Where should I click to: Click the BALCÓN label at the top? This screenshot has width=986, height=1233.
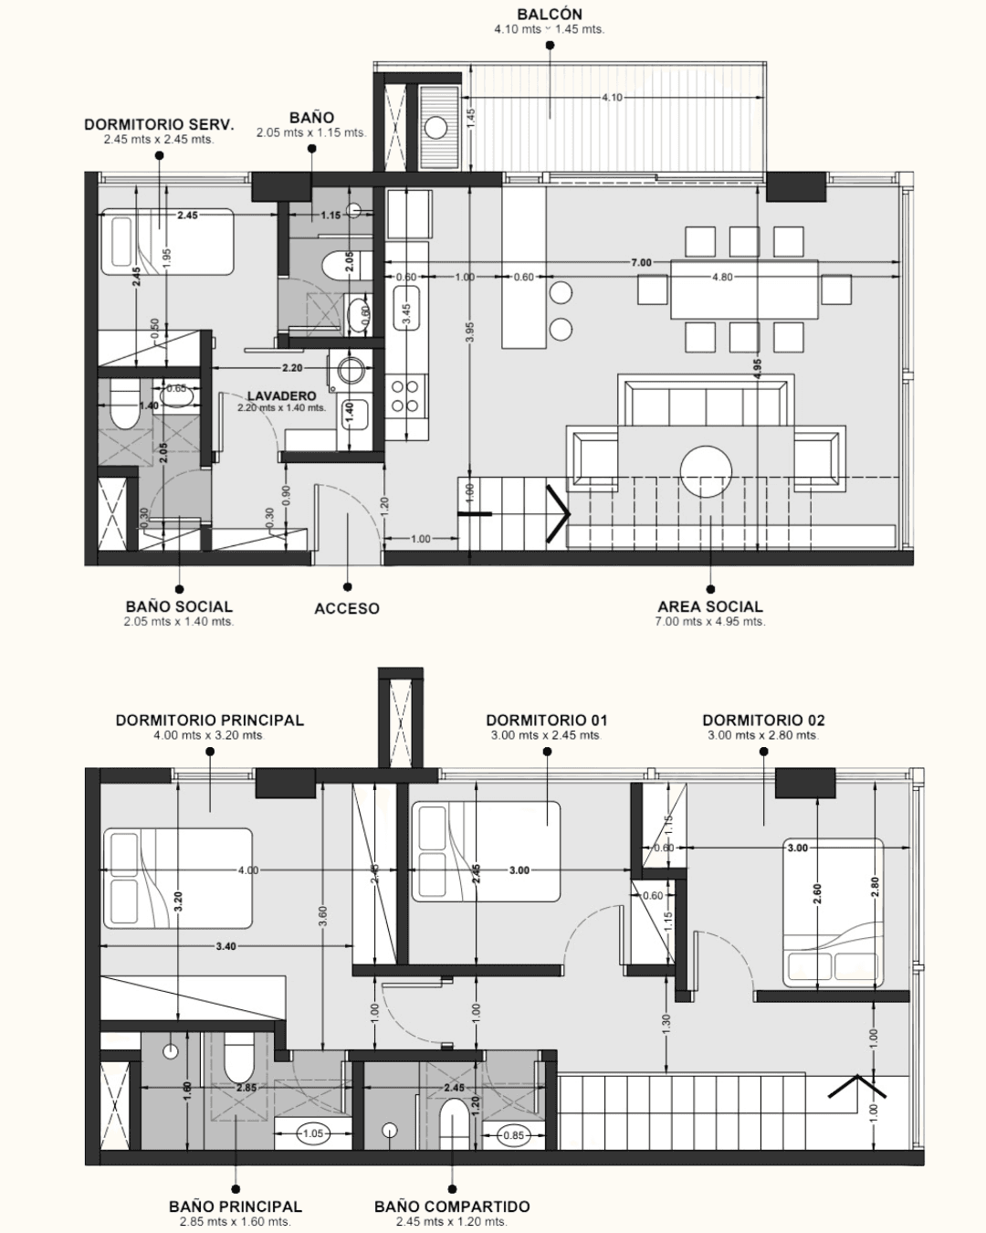(550, 15)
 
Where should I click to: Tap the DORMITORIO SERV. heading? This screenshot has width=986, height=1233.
(159, 124)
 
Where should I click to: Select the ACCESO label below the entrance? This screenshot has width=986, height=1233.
(347, 608)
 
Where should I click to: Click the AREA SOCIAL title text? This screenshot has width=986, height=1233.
(710, 606)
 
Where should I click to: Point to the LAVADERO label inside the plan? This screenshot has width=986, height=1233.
(282, 395)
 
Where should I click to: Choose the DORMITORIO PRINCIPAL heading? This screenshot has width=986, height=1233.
(210, 721)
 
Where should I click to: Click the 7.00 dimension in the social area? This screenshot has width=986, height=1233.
(641, 262)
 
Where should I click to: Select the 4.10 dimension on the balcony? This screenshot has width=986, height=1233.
(612, 98)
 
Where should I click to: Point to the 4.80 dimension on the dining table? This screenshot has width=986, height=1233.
(722, 277)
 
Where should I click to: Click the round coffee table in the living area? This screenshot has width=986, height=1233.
(706, 471)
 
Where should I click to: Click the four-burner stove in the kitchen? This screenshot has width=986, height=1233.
(405, 396)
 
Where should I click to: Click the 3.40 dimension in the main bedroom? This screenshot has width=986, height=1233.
(226, 946)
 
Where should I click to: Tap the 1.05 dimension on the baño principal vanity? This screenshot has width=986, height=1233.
(313, 1133)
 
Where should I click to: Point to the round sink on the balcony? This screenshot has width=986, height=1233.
(436, 128)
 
